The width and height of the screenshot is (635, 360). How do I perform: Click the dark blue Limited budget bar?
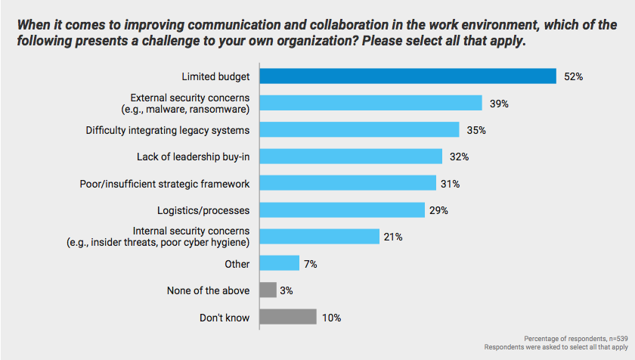point(408,76)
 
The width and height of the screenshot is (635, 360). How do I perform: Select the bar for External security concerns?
point(370,103)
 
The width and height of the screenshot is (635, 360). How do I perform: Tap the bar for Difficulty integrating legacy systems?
point(359,130)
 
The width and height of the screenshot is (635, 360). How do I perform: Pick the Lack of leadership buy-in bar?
point(351,157)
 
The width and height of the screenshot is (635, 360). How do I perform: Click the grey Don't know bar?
point(287,318)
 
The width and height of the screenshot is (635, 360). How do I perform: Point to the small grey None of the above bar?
point(268,290)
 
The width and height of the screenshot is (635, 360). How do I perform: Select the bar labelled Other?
point(280,264)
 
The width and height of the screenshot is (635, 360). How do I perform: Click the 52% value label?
point(572,77)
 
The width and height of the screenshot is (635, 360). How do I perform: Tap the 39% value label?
point(498,104)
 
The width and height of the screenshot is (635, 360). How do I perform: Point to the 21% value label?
point(393,237)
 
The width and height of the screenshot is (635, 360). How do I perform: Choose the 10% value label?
point(331,318)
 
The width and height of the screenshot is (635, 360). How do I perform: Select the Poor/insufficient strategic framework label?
point(165,184)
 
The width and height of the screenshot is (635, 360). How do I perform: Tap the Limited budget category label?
point(215,76)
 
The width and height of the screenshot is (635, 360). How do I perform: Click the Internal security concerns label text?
point(190,231)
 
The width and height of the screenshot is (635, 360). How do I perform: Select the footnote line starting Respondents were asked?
point(551,347)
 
